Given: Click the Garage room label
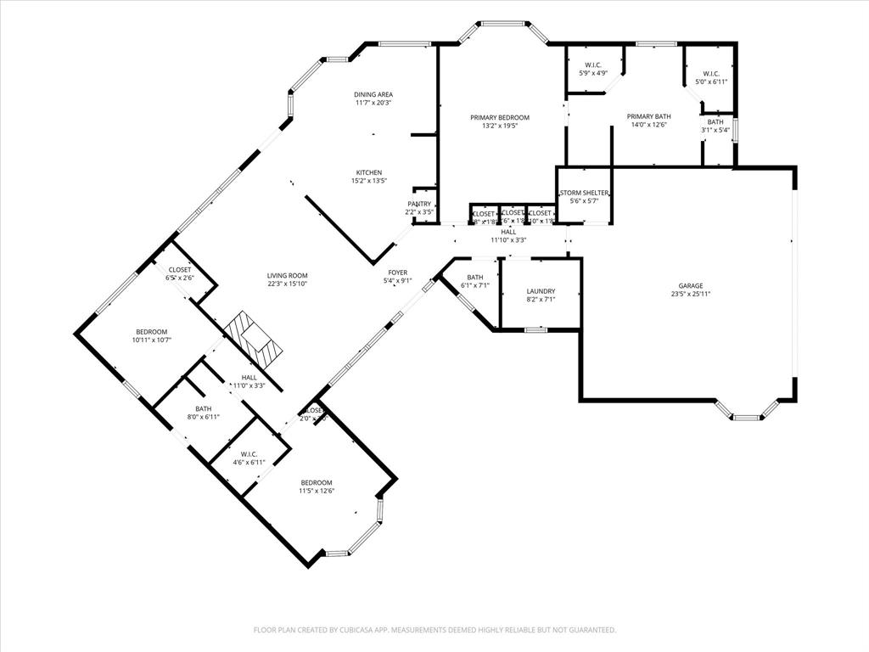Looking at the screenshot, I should click(x=690, y=286).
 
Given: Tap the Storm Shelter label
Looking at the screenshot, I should click(x=584, y=193).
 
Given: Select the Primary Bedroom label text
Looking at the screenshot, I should click(x=500, y=117).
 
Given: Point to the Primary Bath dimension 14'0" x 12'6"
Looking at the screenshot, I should click(x=649, y=126).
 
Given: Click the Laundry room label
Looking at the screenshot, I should click(x=541, y=291).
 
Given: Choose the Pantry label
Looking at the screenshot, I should click(x=419, y=204).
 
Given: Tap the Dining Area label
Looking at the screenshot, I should click(x=373, y=94).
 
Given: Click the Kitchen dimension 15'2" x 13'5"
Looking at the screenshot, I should click(x=369, y=181).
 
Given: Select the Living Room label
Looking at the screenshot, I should click(x=287, y=275).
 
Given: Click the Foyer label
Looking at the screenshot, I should click(x=397, y=273).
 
